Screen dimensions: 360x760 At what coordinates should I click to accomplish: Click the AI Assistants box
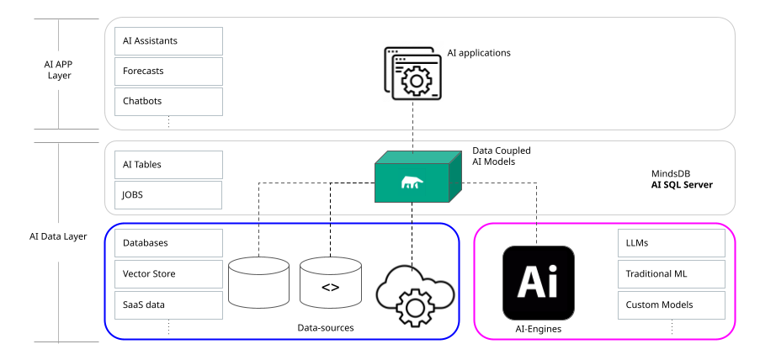[168, 40]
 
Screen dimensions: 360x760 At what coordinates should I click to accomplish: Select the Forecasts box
[168, 71]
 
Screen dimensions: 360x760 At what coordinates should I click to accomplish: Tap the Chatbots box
[168, 101]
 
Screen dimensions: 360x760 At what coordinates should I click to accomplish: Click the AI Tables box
[168, 165]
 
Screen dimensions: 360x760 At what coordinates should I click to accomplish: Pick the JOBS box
[168, 194]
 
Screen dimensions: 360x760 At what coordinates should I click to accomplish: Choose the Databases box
[168, 243]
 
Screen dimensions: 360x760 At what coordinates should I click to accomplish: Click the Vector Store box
[168, 273]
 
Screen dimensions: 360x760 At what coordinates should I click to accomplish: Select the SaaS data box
[168, 304]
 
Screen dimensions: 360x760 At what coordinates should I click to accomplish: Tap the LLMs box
[671, 243]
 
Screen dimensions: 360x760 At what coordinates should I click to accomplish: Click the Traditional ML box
[671, 273]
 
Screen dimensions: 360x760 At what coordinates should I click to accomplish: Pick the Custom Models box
[671, 304]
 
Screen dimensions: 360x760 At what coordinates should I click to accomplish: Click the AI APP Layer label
[59, 69]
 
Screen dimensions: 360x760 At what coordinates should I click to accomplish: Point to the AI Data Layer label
[59, 236]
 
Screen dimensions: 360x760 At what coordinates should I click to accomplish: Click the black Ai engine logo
[538, 283]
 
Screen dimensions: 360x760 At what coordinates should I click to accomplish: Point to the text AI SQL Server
[682, 184]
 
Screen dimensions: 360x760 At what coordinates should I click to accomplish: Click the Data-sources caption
[326, 327]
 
